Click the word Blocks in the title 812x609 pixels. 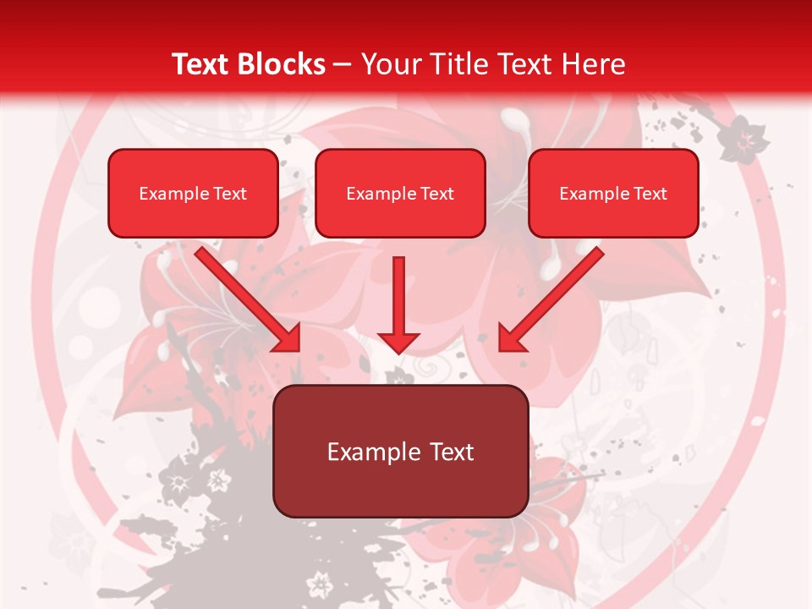tap(281, 64)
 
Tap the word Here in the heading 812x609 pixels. tap(593, 64)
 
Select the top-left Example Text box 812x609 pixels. tap(193, 193)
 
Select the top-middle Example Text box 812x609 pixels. tap(400, 193)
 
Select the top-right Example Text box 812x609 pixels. tap(613, 193)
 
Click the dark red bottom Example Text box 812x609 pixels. tap(400, 451)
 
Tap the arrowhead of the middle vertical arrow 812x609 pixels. tap(398, 342)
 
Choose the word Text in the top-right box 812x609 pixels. tap(650, 194)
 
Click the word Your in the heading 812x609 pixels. tap(387, 64)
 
